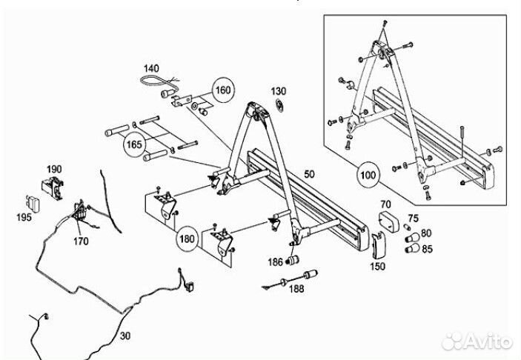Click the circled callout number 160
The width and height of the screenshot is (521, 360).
(223, 90)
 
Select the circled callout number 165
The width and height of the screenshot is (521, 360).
(134, 144)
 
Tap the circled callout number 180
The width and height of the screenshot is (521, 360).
(187, 239)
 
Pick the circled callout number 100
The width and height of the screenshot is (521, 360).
(368, 175)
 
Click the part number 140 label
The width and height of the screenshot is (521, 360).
(151, 68)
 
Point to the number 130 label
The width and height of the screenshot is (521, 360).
(279, 91)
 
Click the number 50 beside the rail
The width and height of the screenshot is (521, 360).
(309, 174)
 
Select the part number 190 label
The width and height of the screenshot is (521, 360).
(54, 169)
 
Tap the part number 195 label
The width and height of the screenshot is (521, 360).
(24, 217)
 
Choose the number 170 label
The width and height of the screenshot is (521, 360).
(81, 241)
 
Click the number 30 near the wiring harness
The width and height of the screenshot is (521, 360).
(125, 336)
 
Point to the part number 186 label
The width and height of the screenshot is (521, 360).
(276, 262)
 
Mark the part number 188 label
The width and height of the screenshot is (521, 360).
(296, 289)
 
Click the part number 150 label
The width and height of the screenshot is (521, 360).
(378, 267)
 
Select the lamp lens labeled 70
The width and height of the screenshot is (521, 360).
(389, 221)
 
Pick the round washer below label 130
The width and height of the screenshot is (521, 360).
(279, 106)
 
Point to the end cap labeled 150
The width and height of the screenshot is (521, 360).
(378, 245)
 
